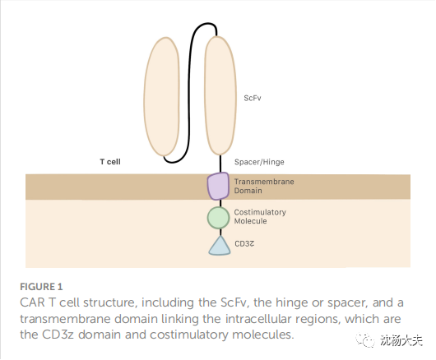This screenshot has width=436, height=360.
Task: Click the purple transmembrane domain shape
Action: (218, 186)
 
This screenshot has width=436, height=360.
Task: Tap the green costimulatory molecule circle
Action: (219, 218)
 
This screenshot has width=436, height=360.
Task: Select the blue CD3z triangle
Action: (220, 246)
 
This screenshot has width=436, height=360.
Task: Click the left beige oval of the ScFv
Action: (162, 96)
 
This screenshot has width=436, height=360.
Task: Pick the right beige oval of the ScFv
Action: (220, 95)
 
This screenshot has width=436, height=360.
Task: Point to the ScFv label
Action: (253, 98)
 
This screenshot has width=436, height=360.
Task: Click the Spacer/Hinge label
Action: (259, 162)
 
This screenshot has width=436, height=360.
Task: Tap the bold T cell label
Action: (110, 162)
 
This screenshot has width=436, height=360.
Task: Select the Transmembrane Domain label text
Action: (264, 186)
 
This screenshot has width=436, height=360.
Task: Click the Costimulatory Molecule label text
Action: (260, 217)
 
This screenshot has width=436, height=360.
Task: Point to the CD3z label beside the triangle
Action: (244, 244)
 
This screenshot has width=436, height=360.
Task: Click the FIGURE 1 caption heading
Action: (41, 287)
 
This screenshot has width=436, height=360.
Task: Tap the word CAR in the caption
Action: (32, 302)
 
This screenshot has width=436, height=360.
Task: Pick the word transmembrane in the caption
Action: (65, 319)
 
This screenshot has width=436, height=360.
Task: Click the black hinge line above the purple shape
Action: (220, 164)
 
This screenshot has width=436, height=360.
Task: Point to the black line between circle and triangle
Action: (220, 233)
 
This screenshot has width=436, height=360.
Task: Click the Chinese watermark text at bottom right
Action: (401, 340)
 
